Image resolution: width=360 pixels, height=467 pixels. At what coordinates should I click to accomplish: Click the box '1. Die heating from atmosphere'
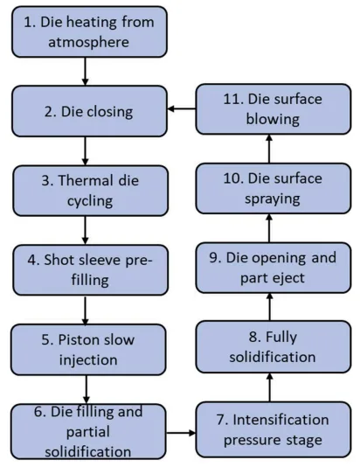(x=89, y=31)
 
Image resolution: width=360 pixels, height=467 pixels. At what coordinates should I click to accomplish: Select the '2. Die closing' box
(x=89, y=111)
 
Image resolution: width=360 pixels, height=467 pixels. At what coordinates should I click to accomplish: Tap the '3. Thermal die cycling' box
(x=90, y=191)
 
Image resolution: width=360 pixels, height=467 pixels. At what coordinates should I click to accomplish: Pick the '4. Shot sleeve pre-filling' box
(x=90, y=270)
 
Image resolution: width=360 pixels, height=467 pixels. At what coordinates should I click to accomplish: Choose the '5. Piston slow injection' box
(x=88, y=349)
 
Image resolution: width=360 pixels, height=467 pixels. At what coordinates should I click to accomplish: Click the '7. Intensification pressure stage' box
(x=273, y=429)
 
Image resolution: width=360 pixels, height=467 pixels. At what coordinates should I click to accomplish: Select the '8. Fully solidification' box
(x=273, y=346)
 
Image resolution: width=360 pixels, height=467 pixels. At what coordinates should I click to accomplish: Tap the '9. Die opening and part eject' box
(x=273, y=268)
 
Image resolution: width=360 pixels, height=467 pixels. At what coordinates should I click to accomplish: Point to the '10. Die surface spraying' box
(x=273, y=188)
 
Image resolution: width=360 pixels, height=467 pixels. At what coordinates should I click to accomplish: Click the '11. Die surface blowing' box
(x=273, y=109)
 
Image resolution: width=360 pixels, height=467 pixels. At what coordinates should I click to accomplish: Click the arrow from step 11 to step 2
(x=182, y=108)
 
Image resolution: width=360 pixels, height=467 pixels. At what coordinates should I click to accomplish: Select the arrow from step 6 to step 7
(x=181, y=432)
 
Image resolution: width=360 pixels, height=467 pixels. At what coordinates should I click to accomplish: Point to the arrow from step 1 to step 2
(x=85, y=72)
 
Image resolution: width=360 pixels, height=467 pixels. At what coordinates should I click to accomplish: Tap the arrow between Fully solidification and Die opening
(x=269, y=307)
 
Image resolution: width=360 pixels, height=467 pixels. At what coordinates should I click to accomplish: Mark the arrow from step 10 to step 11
(x=269, y=149)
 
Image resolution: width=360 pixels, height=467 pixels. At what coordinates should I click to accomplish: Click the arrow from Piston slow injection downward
(x=87, y=389)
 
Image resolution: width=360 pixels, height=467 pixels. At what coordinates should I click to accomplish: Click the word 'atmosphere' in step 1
(x=88, y=42)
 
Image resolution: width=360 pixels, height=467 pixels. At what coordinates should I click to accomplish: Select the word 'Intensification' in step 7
(x=280, y=420)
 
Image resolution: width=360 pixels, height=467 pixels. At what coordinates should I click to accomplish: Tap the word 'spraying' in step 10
(x=273, y=199)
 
